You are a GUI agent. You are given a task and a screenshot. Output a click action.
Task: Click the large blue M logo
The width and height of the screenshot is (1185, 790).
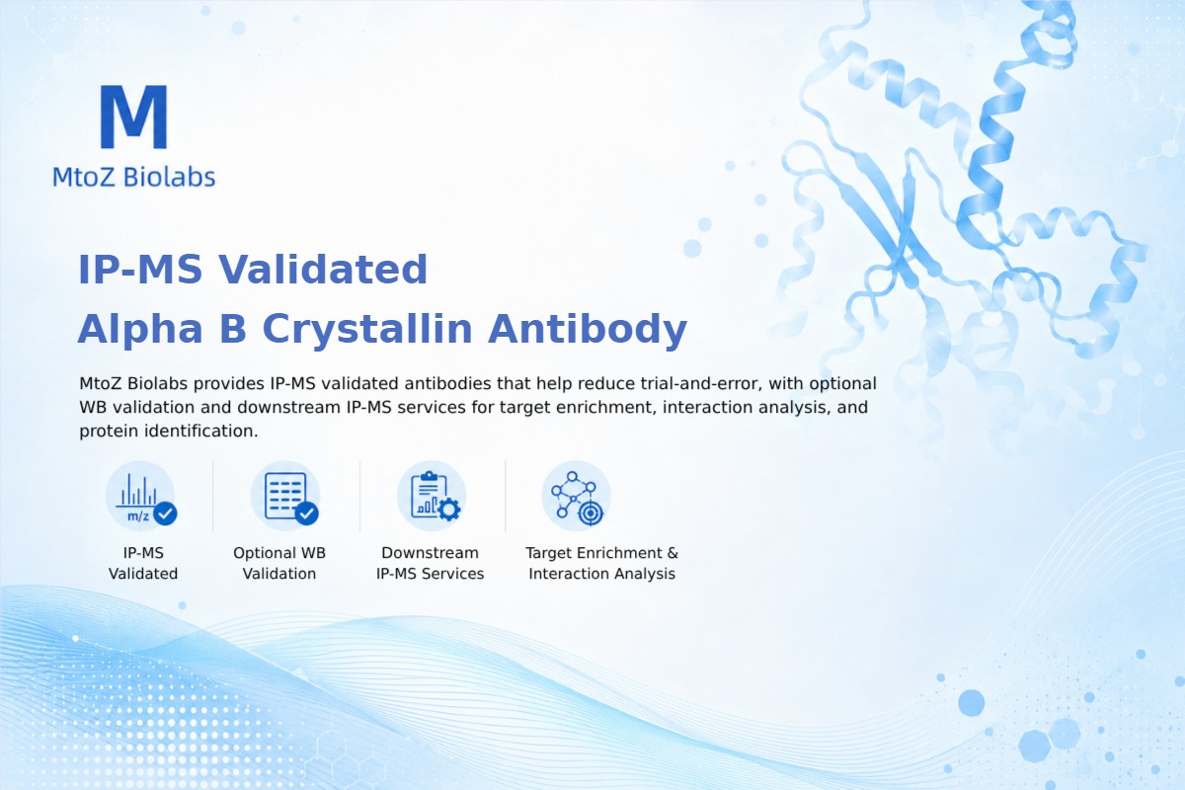[x=134, y=117]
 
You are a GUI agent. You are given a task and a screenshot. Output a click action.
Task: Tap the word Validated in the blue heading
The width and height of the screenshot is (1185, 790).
[x=323, y=269]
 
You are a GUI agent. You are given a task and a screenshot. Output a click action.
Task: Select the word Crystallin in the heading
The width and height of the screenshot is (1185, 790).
[x=367, y=329]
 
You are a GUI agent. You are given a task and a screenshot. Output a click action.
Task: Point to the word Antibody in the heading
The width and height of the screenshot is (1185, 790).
[x=588, y=329]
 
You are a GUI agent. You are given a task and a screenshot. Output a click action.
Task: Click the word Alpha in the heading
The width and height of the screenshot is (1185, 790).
[x=140, y=329]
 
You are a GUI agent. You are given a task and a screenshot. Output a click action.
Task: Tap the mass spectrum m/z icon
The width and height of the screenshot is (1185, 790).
[x=140, y=496]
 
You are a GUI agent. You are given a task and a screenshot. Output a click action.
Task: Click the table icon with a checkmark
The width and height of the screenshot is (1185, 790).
[x=285, y=496]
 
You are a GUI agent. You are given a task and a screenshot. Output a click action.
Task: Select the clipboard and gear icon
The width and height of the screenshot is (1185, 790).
[x=432, y=496]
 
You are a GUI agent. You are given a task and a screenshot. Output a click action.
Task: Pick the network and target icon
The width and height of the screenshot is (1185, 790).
[x=577, y=496]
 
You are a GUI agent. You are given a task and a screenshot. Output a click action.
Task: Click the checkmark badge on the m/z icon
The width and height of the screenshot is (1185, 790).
[x=165, y=513]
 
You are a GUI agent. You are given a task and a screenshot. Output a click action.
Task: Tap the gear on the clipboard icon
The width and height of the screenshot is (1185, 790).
[x=449, y=511]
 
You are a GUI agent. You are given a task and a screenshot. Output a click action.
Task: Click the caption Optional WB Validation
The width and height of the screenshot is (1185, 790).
[x=279, y=563]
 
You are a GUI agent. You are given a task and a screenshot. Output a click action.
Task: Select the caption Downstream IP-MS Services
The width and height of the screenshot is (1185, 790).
[x=431, y=563]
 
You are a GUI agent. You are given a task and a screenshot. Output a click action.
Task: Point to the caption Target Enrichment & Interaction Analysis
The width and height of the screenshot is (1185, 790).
[x=602, y=563]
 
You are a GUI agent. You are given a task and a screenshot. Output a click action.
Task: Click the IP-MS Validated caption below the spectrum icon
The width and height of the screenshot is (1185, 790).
[x=143, y=563]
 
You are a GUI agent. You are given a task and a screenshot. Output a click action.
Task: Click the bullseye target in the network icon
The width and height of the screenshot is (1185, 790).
[x=591, y=513]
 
